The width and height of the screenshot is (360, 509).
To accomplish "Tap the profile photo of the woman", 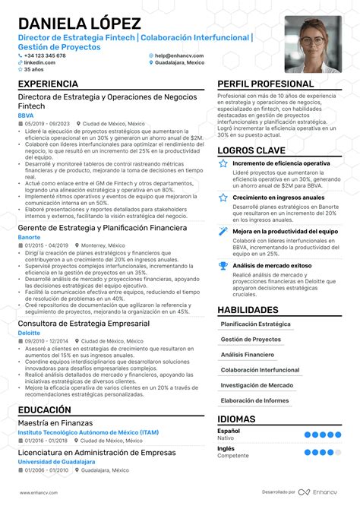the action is pos(313,44).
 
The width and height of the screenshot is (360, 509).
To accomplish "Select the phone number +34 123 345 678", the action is pos(45,55).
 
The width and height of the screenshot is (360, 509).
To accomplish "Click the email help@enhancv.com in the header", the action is pos(176,55).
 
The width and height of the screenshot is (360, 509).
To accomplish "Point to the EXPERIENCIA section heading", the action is pos(48,84).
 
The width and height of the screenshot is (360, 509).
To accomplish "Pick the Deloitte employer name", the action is pos(30,332).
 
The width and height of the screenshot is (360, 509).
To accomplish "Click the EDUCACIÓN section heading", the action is pos(44,409).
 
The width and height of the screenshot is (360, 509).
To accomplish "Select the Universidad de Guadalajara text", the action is pos(60,461).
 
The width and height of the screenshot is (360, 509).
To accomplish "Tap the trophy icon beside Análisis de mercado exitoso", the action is pos(223,244).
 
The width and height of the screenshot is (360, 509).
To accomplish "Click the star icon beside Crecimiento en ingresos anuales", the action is pos(223,197).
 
